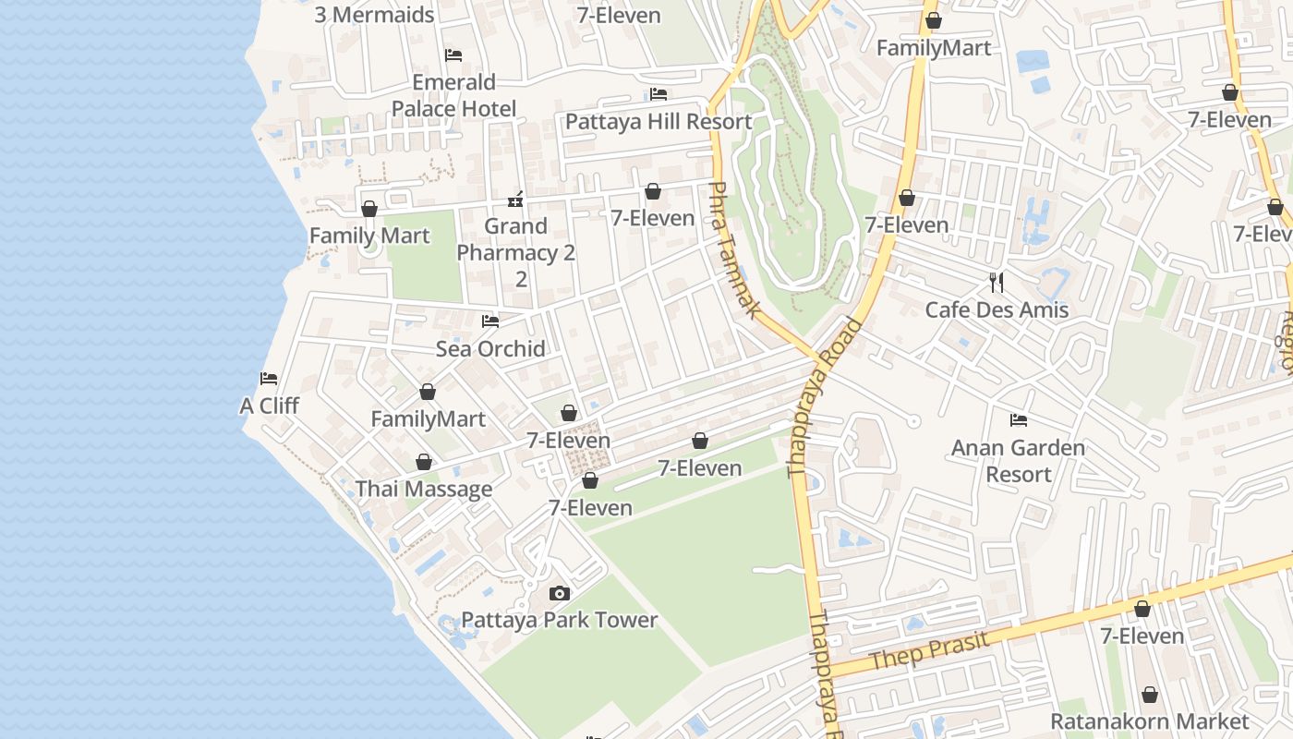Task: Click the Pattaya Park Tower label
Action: [559, 620]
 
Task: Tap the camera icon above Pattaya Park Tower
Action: [559, 593]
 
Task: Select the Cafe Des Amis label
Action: [997, 309]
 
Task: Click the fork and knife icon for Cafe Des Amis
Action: [997, 283]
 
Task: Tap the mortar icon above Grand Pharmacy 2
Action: [516, 199]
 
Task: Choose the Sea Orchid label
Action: [490, 348]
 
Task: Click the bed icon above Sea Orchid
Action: [490, 321]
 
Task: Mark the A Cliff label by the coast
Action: [269, 406]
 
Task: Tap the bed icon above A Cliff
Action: [269, 379]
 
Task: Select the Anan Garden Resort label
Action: [1018, 461]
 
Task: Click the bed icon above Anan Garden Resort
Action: [1018, 420]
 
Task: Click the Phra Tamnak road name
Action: [733, 249]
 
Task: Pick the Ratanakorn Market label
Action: [1149, 721]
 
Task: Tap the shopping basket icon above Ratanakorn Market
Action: [1149, 695]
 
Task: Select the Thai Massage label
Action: [424, 489]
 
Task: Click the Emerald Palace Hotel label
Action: [453, 95]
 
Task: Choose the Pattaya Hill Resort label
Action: [659, 121]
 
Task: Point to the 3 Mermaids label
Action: [374, 15]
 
